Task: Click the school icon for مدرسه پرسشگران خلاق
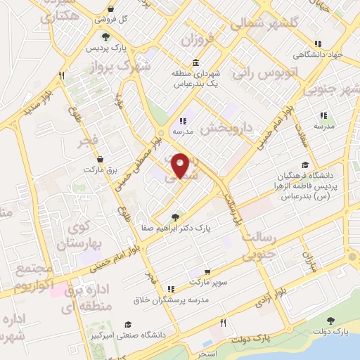[x=171, y=288]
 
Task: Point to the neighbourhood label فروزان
[x=196, y=40]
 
